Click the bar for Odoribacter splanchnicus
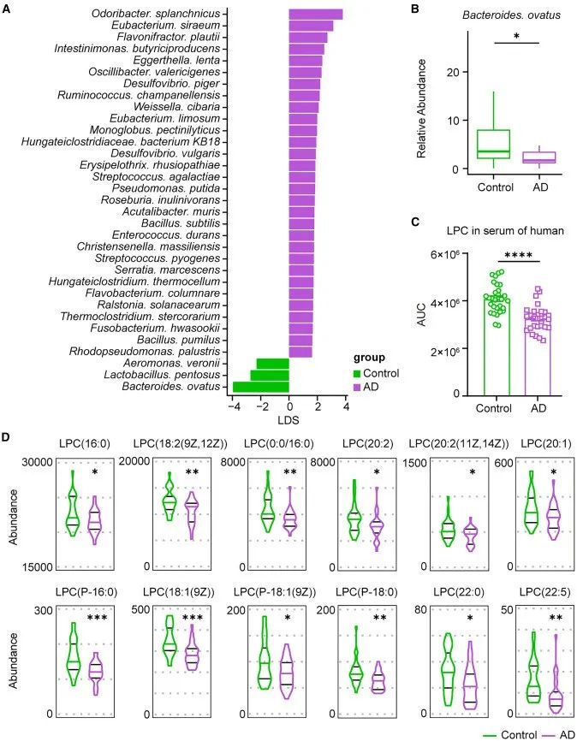[x=315, y=15]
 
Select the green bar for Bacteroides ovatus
[x=260, y=387]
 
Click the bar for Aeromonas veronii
[x=272, y=364]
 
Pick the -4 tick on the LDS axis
[x=234, y=408]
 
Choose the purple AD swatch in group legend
[x=359, y=387]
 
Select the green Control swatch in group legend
[x=359, y=373]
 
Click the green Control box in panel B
[x=494, y=144]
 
